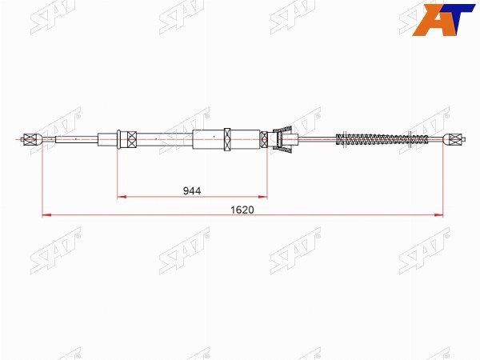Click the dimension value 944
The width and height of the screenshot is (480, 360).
[192, 191]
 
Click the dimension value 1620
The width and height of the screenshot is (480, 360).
[242, 210]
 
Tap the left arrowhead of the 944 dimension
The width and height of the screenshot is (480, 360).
[122, 197]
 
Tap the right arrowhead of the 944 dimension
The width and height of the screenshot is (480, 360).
[262, 197]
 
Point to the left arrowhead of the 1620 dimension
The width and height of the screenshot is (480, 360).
[46, 215]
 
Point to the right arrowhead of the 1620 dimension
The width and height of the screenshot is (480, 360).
[438, 215]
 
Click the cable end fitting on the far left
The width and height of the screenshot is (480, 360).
[31, 139]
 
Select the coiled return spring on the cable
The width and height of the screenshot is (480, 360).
[382, 139]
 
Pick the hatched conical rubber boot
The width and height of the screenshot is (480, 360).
[282, 139]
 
